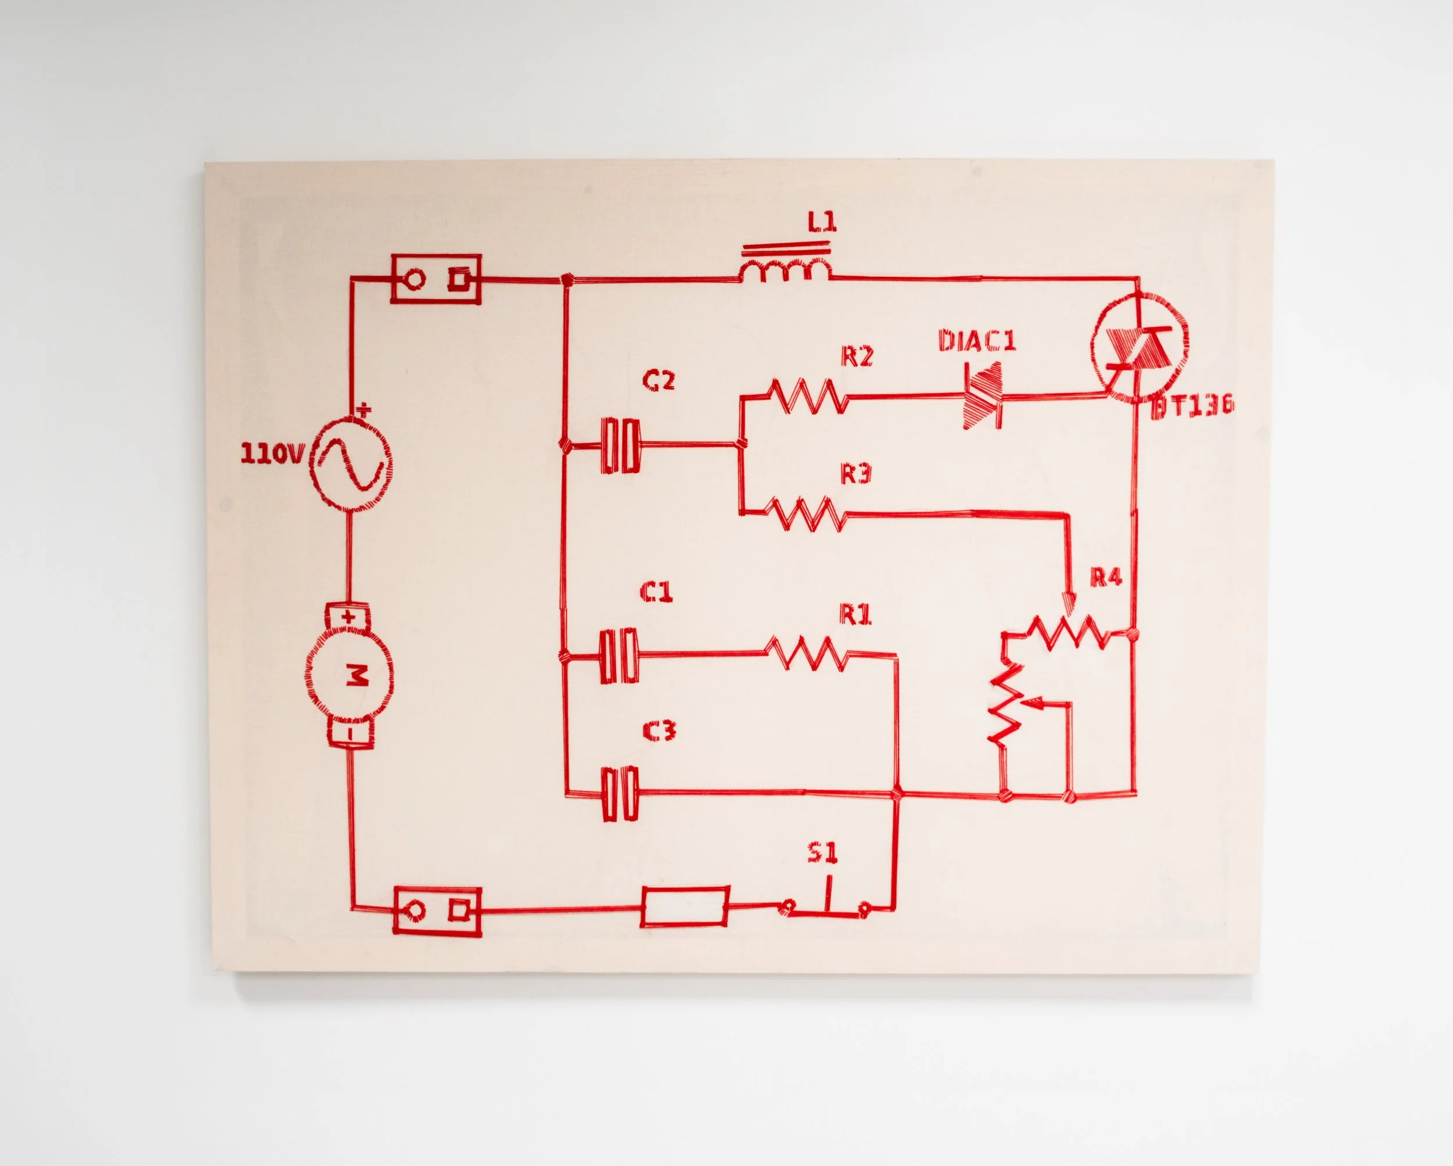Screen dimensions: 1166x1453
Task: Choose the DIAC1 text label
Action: (x=976, y=341)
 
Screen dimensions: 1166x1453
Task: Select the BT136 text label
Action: (x=1191, y=405)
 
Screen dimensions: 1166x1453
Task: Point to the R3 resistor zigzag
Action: (x=807, y=514)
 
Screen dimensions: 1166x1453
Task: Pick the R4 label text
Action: (x=1106, y=577)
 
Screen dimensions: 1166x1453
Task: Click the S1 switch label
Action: (x=822, y=854)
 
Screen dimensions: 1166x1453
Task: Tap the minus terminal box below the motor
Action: (x=349, y=732)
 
